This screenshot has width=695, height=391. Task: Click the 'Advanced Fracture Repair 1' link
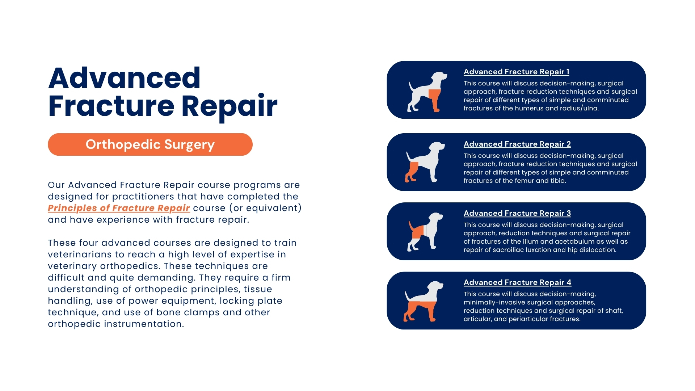[516, 72]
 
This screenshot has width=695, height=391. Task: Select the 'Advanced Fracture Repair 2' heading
[517, 144]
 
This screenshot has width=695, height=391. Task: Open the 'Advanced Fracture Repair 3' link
[517, 213]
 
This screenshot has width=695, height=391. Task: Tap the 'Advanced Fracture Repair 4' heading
[517, 282]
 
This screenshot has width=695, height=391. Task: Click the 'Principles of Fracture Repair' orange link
[119, 208]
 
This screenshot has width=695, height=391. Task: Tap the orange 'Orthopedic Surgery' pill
[150, 144]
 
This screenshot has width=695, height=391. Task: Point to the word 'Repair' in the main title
[229, 106]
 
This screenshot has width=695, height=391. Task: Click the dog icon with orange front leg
[427, 92]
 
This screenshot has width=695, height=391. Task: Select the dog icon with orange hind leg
[425, 162]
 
